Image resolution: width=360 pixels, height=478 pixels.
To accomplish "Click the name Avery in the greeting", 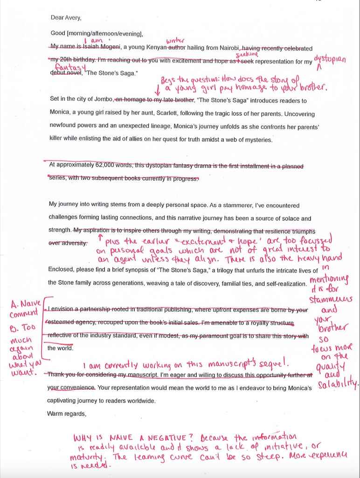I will pyautogui.click(x=73, y=18).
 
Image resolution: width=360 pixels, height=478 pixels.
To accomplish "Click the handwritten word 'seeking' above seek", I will pyautogui.click(x=250, y=55).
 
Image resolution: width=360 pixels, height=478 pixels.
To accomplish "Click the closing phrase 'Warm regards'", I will pyautogui.click(x=67, y=413).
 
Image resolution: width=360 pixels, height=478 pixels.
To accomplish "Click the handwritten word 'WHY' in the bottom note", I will pyautogui.click(x=84, y=438).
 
